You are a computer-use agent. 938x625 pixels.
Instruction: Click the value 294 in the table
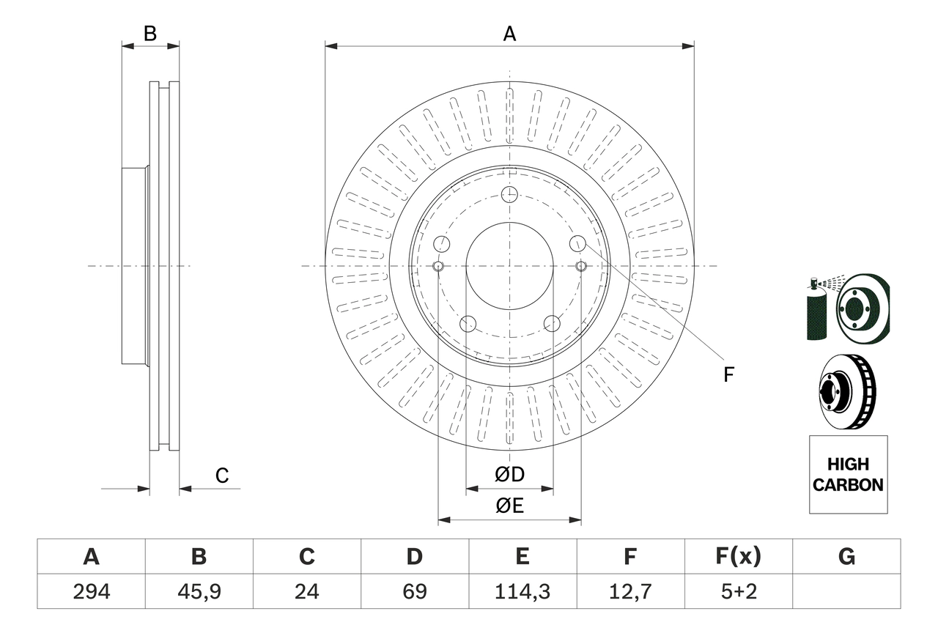[91, 591]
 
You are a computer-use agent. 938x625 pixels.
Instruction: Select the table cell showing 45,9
[199, 591]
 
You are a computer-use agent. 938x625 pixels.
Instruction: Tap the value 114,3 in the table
[522, 591]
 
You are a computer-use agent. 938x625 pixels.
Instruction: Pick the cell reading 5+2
[738, 591]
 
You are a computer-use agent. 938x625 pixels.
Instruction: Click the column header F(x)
[738, 557]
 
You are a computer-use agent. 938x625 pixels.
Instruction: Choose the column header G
[846, 557]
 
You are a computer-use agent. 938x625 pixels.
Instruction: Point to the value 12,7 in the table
[629, 591]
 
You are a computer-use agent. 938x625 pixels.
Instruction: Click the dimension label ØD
[509, 475]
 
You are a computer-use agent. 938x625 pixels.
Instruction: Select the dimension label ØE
[509, 506]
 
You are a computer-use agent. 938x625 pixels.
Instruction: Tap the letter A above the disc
[509, 34]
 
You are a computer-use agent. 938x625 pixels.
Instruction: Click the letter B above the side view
[150, 34]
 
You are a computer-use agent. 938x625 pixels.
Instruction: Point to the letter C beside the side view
[222, 476]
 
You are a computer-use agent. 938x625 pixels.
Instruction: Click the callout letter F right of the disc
[728, 375]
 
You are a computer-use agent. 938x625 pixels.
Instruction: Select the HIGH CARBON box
[848, 474]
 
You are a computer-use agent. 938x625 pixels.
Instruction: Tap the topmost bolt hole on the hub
[509, 195]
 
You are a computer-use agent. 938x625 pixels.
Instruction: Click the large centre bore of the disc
[509, 265]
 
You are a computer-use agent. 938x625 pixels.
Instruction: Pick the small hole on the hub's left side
[438, 265]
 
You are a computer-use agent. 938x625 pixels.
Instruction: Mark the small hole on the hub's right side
[580, 265]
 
